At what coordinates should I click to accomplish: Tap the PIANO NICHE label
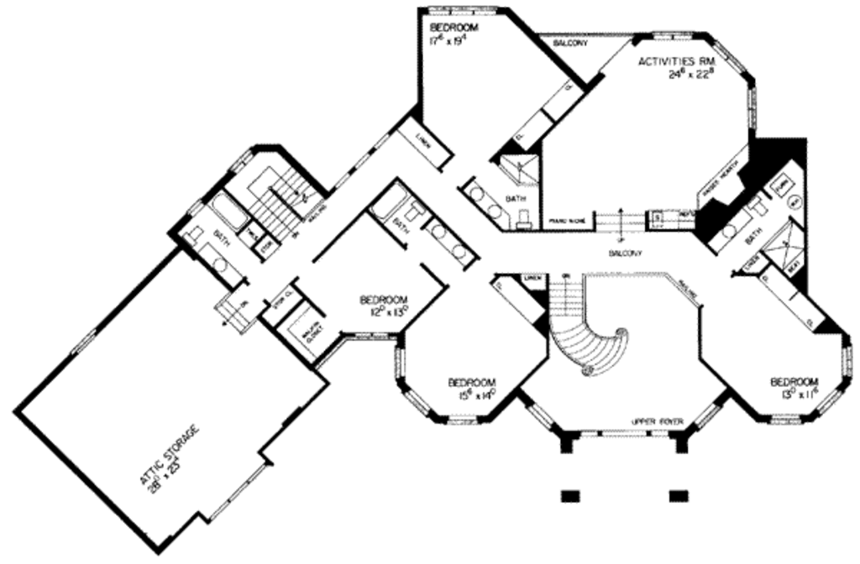566,222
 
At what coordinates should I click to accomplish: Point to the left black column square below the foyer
571,494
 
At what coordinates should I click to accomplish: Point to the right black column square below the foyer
679,494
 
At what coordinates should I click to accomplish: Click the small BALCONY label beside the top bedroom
570,44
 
